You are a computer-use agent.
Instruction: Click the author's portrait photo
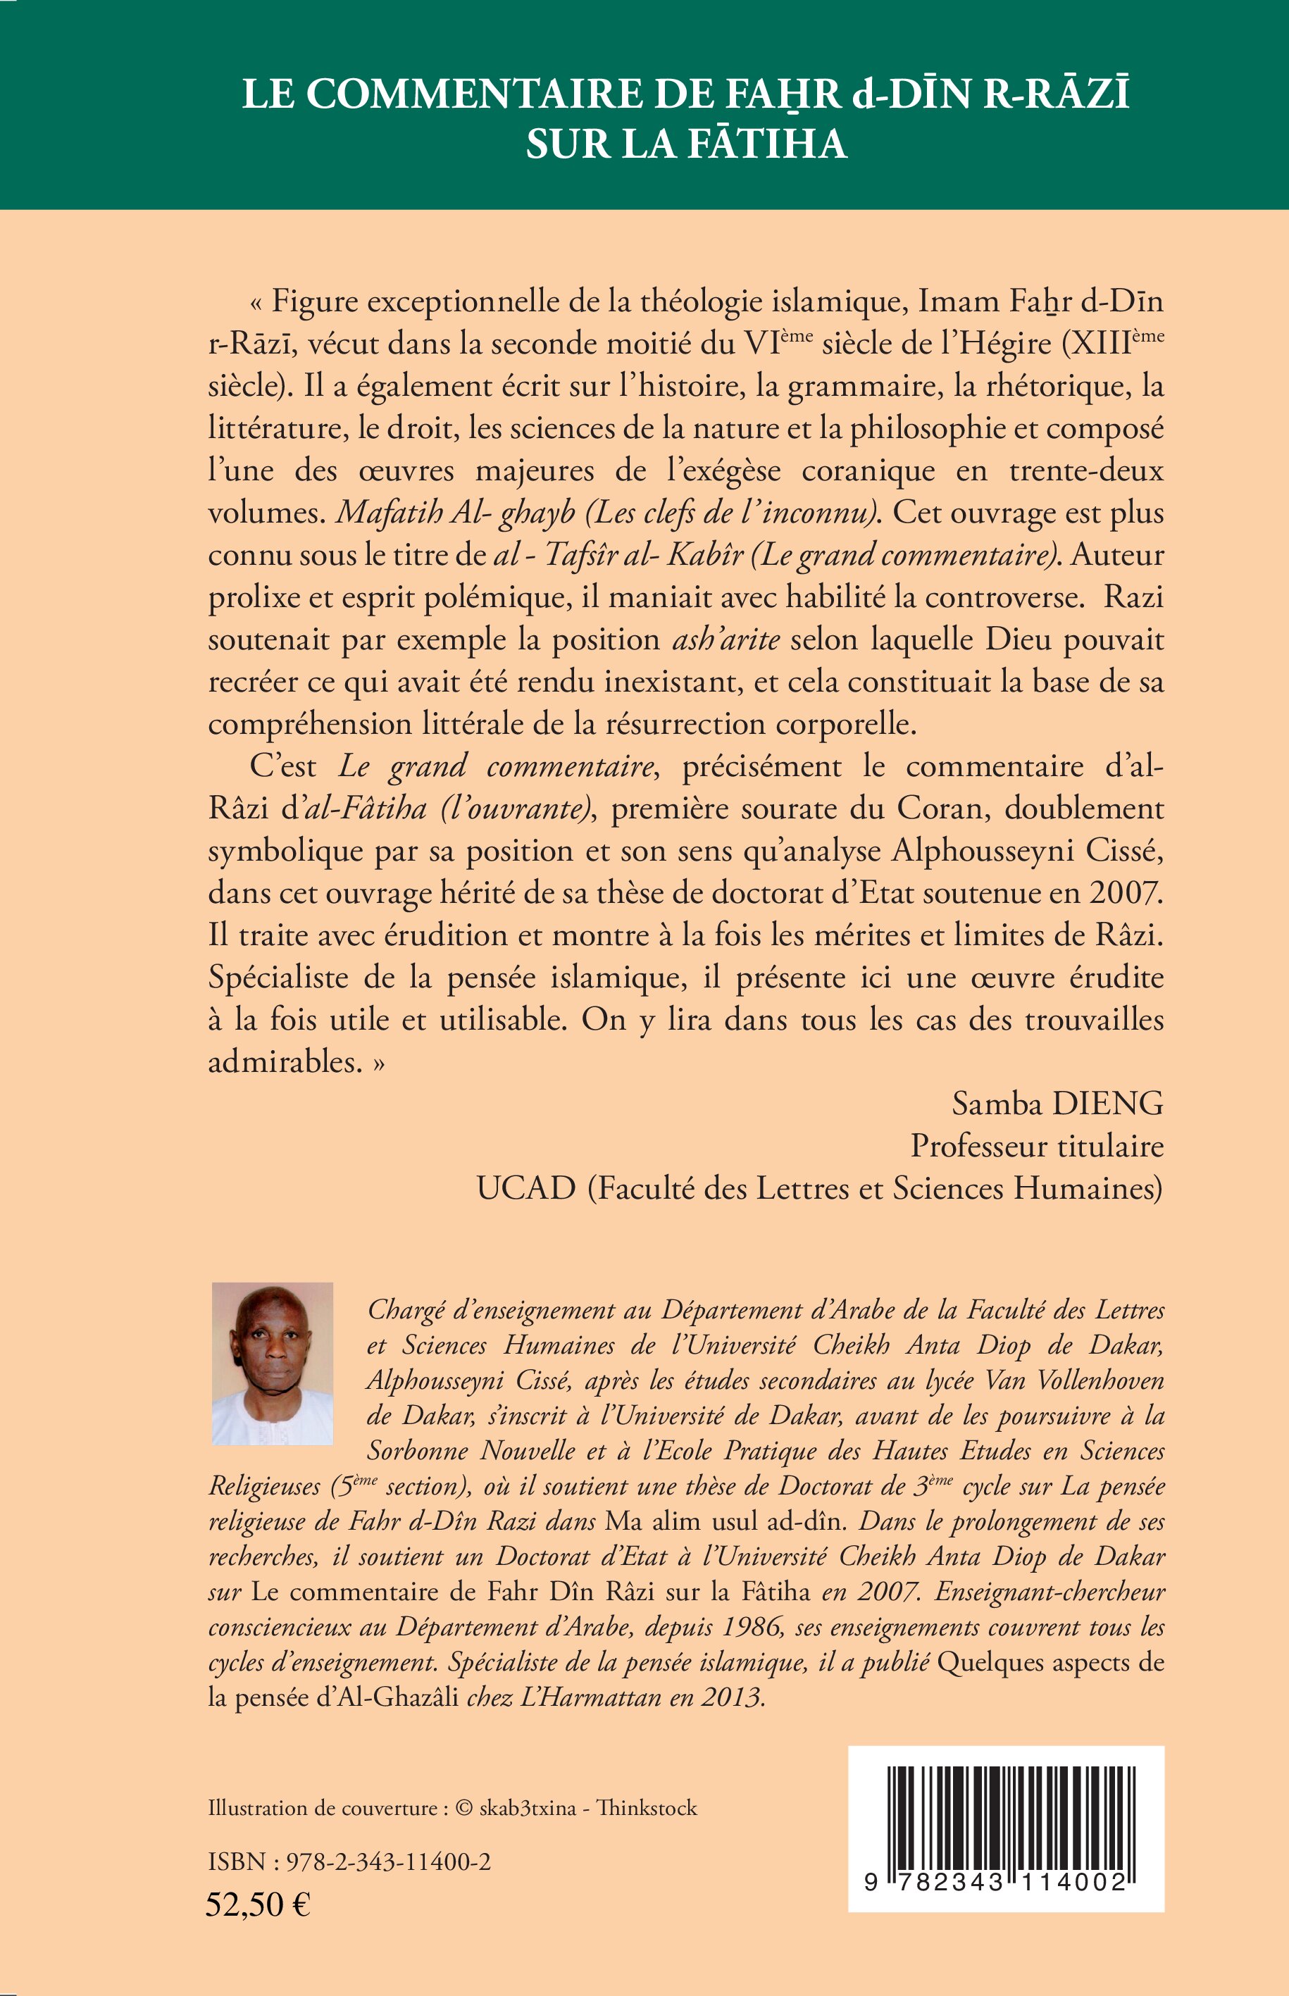point(272,1364)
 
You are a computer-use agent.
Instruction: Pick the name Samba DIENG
point(1057,1104)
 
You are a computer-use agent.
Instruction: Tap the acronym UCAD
point(526,1188)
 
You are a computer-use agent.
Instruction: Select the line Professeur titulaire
point(1037,1146)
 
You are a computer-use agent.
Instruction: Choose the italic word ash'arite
point(726,640)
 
